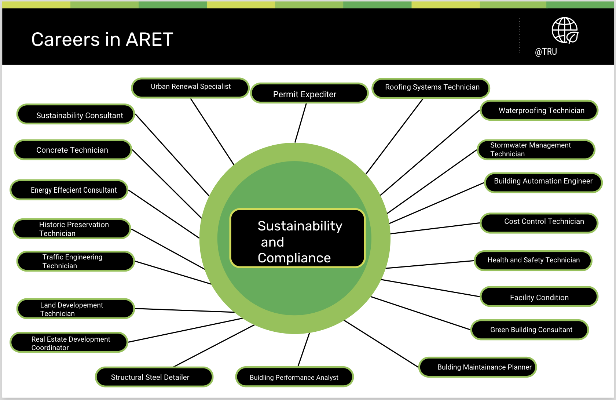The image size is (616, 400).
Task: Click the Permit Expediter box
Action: tap(309, 93)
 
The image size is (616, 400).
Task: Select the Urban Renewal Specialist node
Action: tap(190, 88)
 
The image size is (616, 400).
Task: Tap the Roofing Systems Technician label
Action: tap(431, 88)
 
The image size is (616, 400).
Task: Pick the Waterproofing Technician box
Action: tap(539, 110)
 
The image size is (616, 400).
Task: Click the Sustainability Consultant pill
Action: tap(76, 114)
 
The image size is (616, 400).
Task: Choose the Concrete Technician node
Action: tap(73, 150)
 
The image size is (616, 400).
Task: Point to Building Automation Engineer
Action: tap(543, 182)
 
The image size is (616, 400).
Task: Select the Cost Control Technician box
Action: tap(539, 223)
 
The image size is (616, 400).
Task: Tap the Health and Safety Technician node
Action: tap(533, 261)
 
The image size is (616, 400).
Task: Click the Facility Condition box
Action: tap(539, 297)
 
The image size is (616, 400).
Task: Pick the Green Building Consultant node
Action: tap(529, 330)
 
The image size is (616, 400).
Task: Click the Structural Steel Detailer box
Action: tap(154, 377)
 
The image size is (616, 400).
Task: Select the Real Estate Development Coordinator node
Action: tap(69, 342)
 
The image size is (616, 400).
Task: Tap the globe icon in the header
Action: tap(565, 30)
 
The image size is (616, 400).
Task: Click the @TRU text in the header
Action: tap(546, 52)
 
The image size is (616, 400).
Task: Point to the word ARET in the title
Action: tap(150, 39)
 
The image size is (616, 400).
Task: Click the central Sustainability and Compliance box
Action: tap(298, 238)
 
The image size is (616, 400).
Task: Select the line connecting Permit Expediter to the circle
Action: tap(301, 123)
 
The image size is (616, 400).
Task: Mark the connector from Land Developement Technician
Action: tap(185, 310)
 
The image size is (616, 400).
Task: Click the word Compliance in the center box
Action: tap(294, 258)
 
